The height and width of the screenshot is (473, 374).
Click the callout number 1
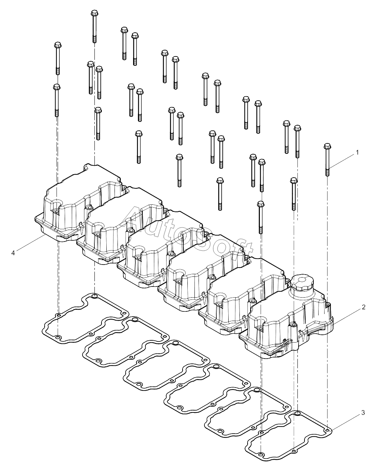[x=357, y=152]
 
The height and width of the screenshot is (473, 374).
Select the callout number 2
[x=364, y=307]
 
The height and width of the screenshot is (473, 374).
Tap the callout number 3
[x=363, y=413]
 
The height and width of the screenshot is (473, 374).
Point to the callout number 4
[x=13, y=253]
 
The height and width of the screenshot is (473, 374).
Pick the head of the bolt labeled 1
[x=328, y=146]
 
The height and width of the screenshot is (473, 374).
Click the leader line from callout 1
[x=342, y=162]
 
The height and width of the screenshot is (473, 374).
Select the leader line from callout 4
[x=30, y=242]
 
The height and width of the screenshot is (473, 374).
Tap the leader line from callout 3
[x=346, y=422]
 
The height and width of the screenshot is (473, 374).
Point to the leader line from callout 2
[x=347, y=317]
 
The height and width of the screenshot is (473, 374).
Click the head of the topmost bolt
[x=94, y=13]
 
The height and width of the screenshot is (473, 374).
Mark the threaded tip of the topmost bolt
[x=94, y=39]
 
